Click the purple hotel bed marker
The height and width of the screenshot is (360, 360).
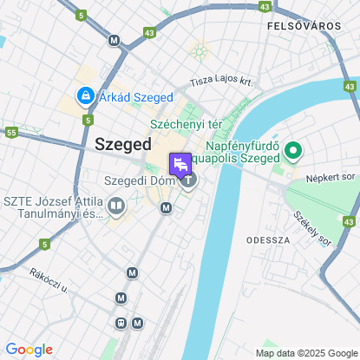coord(181,164)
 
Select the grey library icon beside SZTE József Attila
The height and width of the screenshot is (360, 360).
coord(116,206)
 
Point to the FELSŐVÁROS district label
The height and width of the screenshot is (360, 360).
coord(304,26)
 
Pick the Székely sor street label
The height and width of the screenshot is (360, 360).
coord(311,227)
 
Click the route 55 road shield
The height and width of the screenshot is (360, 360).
coord(11,133)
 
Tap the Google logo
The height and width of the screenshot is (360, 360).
coord(29,350)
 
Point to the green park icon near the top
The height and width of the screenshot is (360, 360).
coord(200,51)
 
